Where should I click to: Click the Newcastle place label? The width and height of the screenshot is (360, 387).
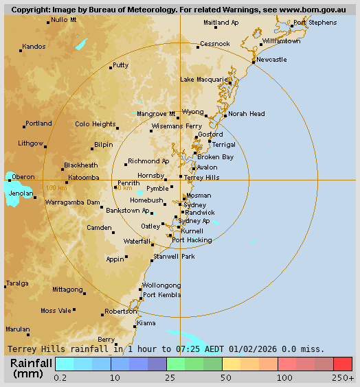pyautogui.click(x=271, y=60)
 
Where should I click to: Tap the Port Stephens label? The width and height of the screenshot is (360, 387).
pyautogui.click(x=315, y=23)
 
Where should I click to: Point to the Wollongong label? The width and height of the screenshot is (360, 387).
pyautogui.click(x=161, y=285)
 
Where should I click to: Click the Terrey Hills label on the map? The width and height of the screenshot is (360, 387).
pyautogui.click(x=202, y=177)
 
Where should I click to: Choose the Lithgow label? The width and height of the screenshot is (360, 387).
pyautogui.click(x=30, y=143)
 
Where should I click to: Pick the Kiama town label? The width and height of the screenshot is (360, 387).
pyautogui.click(x=146, y=322)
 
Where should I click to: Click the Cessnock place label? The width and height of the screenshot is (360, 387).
pyautogui.click(x=214, y=44)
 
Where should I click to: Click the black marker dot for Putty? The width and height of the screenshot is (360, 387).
pyautogui.click(x=110, y=68)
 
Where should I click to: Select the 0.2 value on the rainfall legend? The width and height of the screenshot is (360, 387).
pyautogui.click(x=60, y=378)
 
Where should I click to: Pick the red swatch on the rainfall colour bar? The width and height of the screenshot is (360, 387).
pyautogui.click(x=343, y=364)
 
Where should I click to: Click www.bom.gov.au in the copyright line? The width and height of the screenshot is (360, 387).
pyautogui.click(x=303, y=10)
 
